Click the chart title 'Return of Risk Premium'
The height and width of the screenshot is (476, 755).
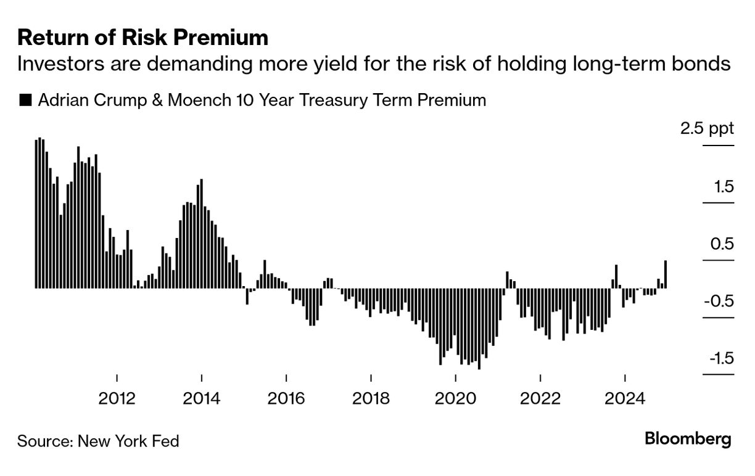coord(142,38)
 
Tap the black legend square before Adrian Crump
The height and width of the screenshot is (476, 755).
coord(25,100)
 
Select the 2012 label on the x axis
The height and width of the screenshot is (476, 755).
coord(117,398)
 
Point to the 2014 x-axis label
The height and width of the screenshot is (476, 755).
coord(202,398)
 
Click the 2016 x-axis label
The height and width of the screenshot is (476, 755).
coord(286,398)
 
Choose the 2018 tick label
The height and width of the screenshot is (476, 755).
coord(371,398)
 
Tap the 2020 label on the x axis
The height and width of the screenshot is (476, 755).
coord(455,398)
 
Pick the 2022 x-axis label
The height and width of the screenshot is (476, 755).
coord(540,398)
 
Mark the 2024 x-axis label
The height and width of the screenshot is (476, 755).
coord(625,398)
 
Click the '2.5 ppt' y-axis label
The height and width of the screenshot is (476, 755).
coord(707,129)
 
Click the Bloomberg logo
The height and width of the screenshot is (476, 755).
coord(688,439)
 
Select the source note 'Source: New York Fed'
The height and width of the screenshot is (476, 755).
coord(98,441)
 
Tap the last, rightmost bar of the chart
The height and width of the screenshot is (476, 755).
coord(666,274)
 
